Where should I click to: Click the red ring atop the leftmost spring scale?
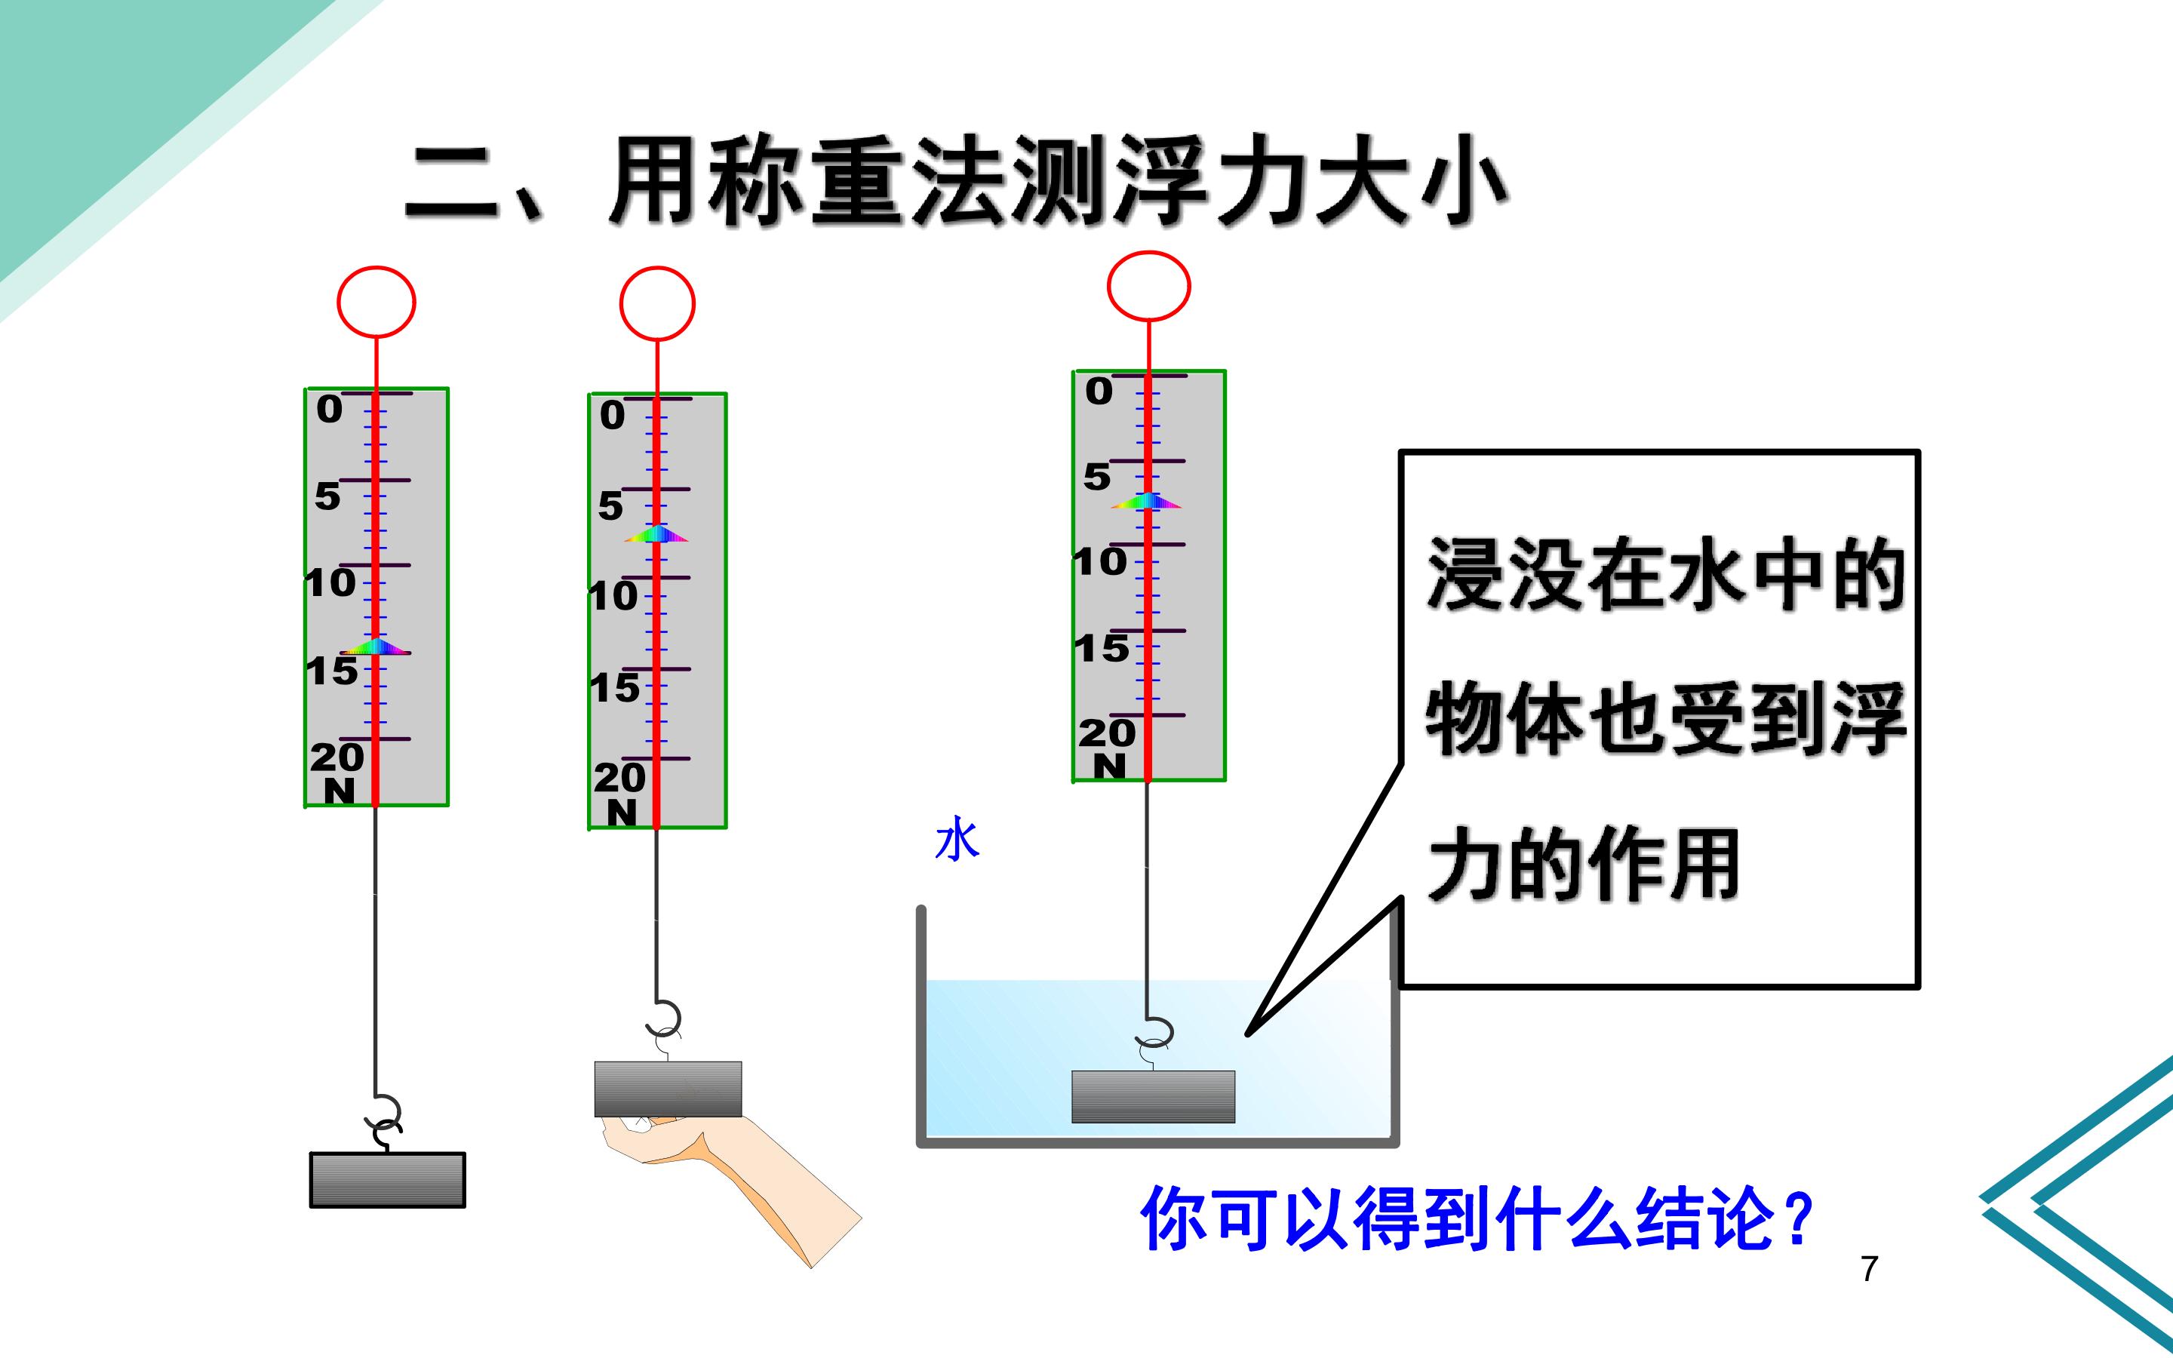pyautogui.click(x=339, y=302)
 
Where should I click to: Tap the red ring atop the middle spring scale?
pyautogui.click(x=622, y=303)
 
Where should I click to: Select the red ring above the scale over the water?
pyautogui.click(x=1109, y=286)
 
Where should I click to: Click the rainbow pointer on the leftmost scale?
pyautogui.click(x=375, y=646)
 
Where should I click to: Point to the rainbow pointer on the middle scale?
pyautogui.click(x=656, y=533)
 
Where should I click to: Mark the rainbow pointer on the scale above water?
pyautogui.click(x=1147, y=501)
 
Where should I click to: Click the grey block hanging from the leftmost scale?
pyautogui.click(x=388, y=1180)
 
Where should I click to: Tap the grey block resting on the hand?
pyautogui.click(x=668, y=1089)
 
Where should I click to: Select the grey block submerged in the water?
pyautogui.click(x=1153, y=1097)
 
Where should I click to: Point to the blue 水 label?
pyautogui.click(x=957, y=839)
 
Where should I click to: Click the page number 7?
pyautogui.click(x=1869, y=1268)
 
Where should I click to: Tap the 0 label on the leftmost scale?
pyautogui.click(x=330, y=410)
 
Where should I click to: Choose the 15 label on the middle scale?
pyautogui.click(x=615, y=688)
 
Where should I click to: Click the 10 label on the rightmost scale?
pyautogui.click(x=1101, y=562)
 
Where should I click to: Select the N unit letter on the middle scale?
pyautogui.click(x=622, y=813)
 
